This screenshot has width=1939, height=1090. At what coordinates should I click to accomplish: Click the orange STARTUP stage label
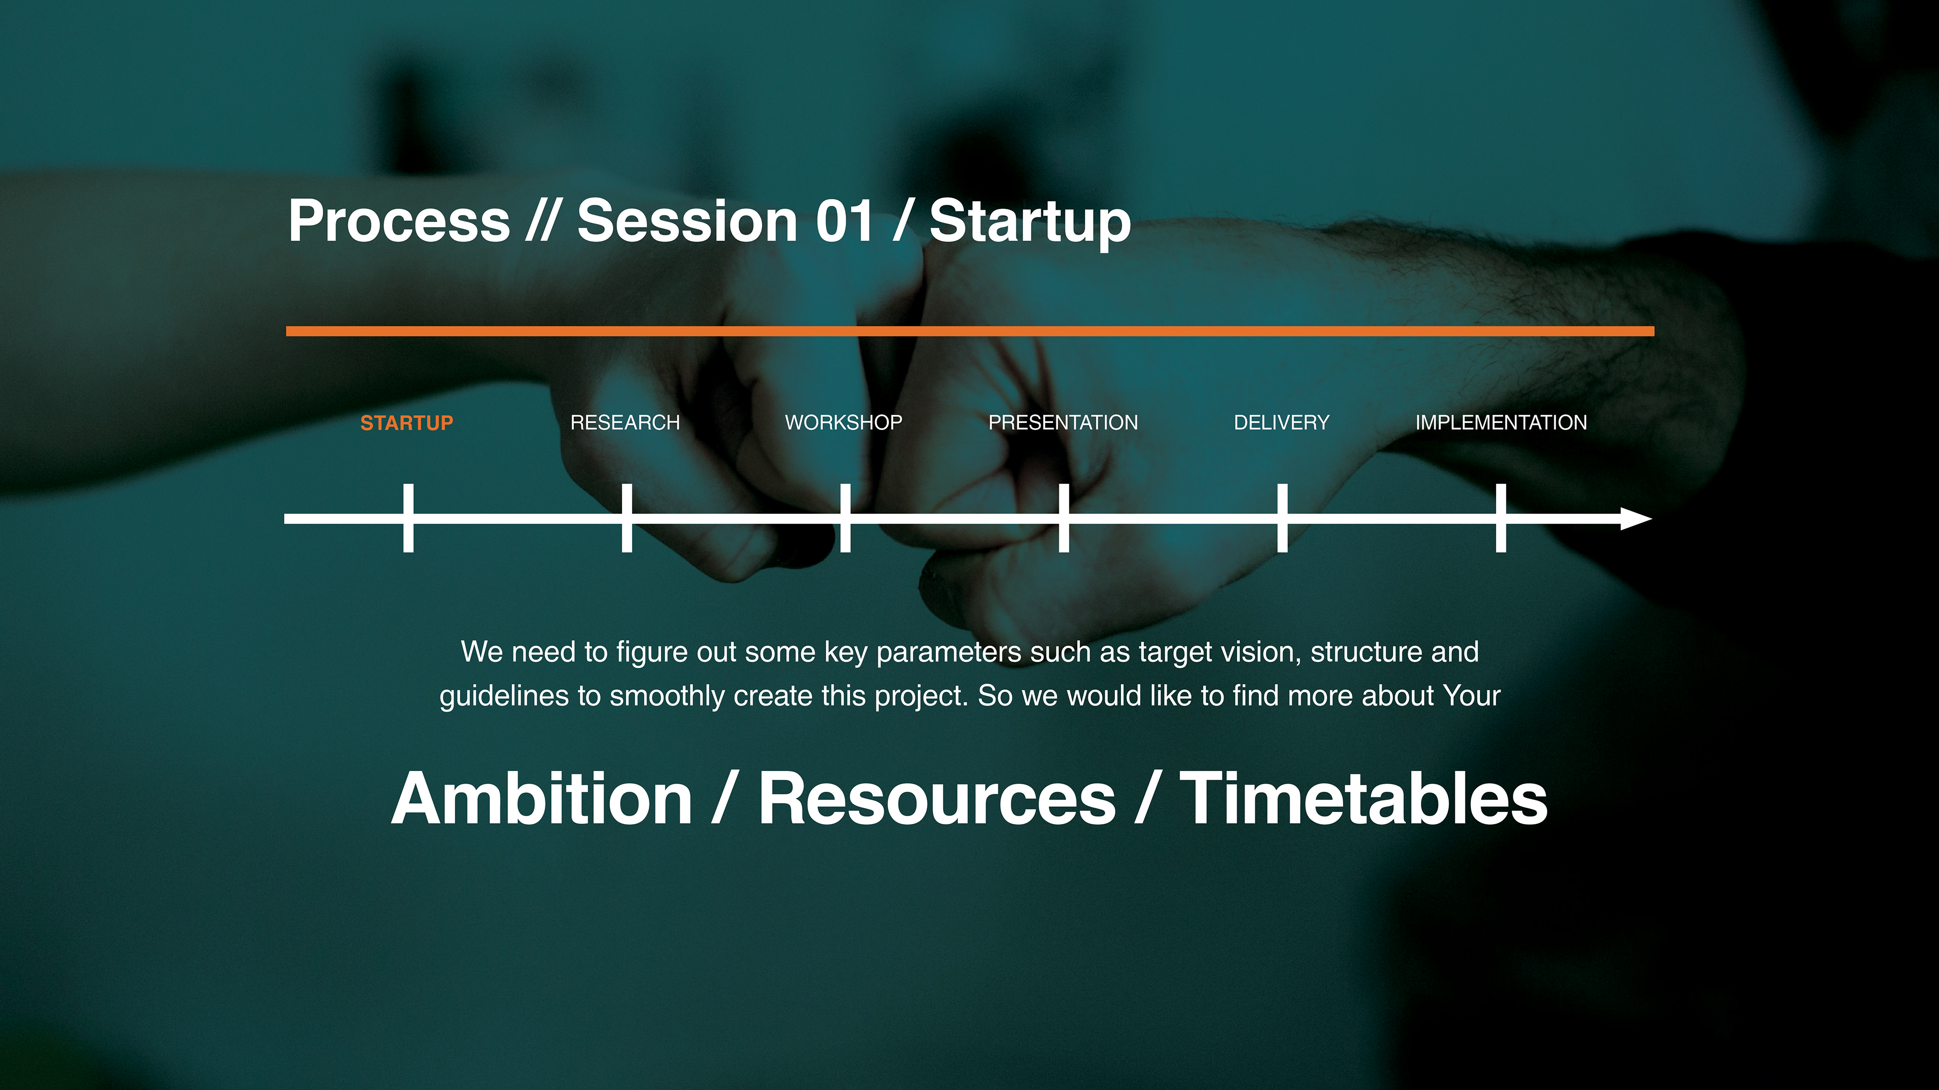(406, 423)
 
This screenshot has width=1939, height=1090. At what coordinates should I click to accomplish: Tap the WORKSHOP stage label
(844, 423)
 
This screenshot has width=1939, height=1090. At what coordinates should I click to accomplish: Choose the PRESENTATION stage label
(1063, 423)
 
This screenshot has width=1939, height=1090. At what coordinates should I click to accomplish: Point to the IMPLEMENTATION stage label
(1501, 423)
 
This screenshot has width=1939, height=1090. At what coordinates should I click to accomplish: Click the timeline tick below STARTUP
(408, 518)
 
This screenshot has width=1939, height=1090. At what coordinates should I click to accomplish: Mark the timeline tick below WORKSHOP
(845, 518)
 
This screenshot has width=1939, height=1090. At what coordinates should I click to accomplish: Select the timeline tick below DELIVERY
(1283, 518)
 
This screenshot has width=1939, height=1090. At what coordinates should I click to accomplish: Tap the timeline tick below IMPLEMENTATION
(1501, 518)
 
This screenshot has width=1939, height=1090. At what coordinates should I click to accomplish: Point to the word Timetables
(1364, 798)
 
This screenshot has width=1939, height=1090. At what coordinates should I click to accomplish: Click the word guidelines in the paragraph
(504, 696)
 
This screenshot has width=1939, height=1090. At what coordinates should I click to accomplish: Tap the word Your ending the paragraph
(1471, 696)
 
